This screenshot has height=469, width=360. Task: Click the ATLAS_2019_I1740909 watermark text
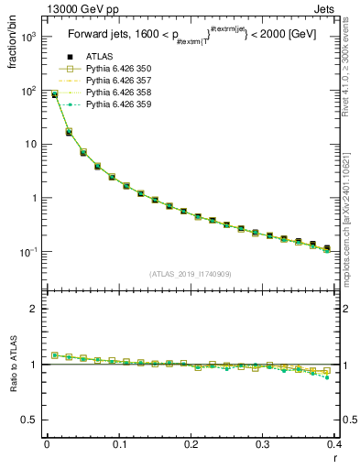pyautogui.click(x=191, y=274)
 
